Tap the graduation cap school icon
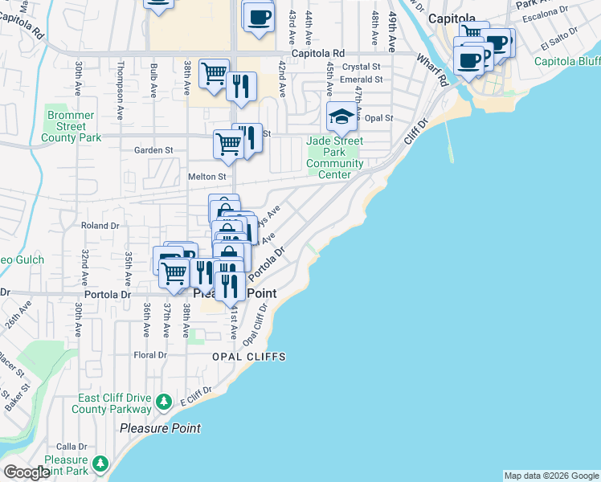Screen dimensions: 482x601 [341, 117]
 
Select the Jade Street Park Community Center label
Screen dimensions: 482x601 [334, 158]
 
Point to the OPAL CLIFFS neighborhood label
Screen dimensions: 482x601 [248, 356]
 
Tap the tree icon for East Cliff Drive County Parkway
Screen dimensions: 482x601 [164, 401]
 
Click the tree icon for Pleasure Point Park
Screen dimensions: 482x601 [100, 464]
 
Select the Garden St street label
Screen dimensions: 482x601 [153, 150]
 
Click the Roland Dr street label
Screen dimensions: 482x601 [100, 226]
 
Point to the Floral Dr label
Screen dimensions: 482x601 [151, 354]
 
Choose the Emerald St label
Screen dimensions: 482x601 [361, 80]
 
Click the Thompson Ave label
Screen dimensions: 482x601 [121, 83]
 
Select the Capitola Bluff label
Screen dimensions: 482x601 [567, 61]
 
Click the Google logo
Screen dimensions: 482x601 [27, 472]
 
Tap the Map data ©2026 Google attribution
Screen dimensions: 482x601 [550, 476]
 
